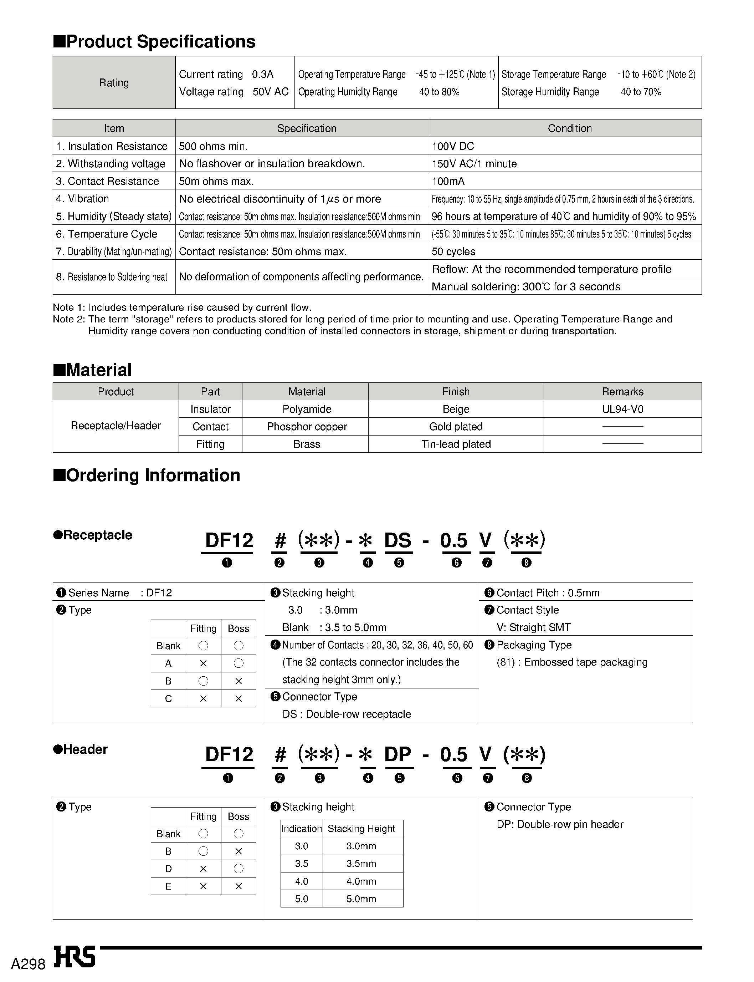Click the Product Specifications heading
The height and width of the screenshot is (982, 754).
click(x=155, y=42)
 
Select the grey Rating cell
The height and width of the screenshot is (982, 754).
click(x=114, y=83)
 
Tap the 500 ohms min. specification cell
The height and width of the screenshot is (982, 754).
click(x=213, y=146)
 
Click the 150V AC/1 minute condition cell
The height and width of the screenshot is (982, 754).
click(x=474, y=164)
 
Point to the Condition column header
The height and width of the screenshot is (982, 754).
click(x=569, y=128)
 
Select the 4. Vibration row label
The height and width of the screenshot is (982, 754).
click(x=83, y=199)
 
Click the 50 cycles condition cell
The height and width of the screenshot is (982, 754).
click(x=453, y=251)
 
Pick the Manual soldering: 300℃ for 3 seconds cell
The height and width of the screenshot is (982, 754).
click(x=525, y=286)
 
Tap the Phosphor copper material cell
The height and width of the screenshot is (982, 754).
click(x=307, y=427)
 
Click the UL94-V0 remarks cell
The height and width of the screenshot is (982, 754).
click(x=622, y=409)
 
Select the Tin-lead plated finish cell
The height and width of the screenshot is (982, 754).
click(x=456, y=444)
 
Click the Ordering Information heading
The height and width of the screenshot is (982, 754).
click(x=147, y=475)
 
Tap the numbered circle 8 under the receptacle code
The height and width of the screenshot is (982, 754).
click(x=527, y=563)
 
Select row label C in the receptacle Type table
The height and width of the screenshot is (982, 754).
click(x=168, y=699)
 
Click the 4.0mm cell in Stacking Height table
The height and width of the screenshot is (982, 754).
click(x=361, y=881)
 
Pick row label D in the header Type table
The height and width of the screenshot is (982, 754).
click(x=168, y=869)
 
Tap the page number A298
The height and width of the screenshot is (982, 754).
click(x=28, y=965)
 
